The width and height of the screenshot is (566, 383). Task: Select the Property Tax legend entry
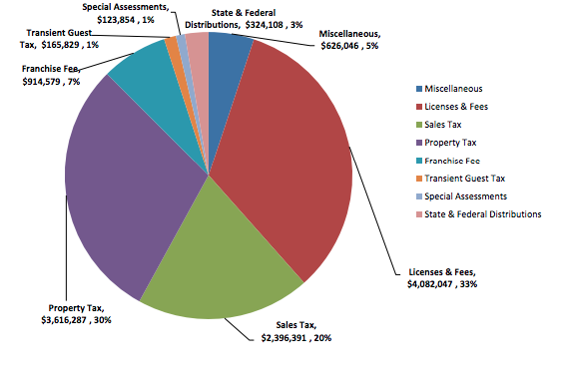[x=455, y=143]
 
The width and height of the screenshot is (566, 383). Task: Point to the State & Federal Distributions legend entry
[x=483, y=214]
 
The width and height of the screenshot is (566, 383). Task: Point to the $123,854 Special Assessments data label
[x=127, y=19]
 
